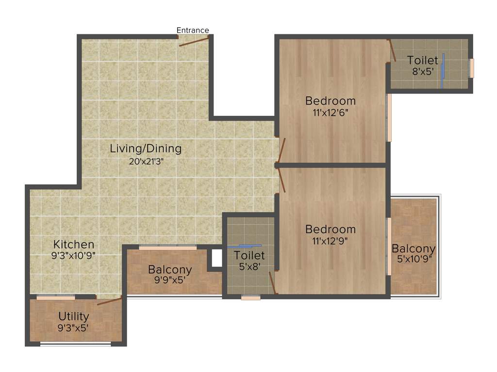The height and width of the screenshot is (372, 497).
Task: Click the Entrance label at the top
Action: [193, 31]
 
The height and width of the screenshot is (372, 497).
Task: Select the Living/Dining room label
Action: [146, 149]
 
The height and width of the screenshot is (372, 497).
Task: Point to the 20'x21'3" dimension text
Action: [146, 162]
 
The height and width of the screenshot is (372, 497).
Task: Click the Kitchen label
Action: [74, 244]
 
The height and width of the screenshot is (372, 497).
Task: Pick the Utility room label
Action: [74, 316]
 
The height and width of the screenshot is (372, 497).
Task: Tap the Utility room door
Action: [109, 301]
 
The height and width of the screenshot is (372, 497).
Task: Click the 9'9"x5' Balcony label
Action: [170, 269]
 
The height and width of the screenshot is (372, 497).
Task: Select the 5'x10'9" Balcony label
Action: [414, 249]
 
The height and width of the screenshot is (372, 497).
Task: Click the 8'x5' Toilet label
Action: [422, 61]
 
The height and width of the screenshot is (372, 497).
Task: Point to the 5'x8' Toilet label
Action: [249, 255]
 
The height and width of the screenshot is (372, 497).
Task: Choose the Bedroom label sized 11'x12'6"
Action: [330, 101]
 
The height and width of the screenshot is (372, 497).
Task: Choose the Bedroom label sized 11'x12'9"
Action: [330, 229]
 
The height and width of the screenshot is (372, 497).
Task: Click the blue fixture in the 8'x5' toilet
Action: [443, 70]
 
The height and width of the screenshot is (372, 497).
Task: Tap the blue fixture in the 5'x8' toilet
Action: [247, 246]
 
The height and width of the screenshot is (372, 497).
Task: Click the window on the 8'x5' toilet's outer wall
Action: [471, 68]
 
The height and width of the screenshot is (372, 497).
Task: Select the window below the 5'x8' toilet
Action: [250, 297]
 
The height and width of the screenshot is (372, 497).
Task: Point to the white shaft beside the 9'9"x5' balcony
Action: [216, 259]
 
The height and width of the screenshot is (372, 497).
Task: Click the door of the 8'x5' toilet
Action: [392, 50]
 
